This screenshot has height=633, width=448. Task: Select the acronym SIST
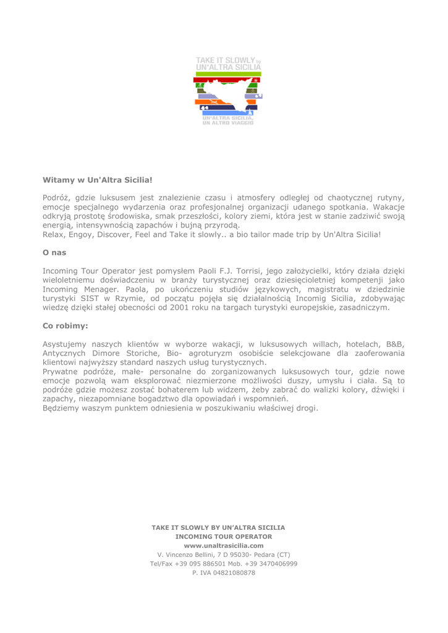(90, 294)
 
